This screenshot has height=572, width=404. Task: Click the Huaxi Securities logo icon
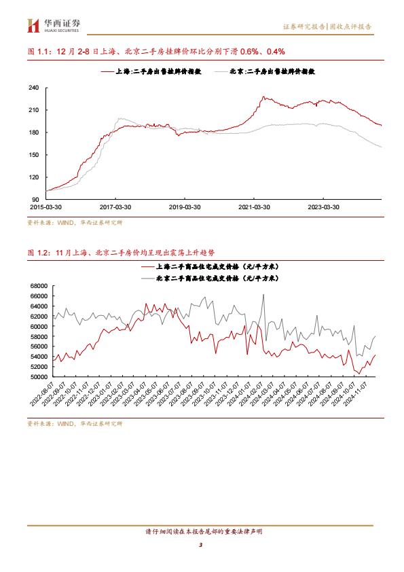click(x=33, y=26)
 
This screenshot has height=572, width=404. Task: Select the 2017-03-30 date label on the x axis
click(x=115, y=207)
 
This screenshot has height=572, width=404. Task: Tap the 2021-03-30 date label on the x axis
click(x=254, y=207)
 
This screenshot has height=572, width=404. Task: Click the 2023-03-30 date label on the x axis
click(x=323, y=207)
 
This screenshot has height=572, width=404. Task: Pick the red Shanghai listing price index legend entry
click(x=151, y=71)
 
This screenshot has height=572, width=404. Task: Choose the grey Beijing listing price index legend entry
click(x=265, y=71)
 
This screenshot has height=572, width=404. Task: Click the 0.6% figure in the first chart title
click(x=249, y=52)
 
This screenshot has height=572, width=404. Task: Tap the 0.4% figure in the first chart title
click(x=276, y=52)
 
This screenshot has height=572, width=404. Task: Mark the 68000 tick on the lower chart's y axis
click(x=39, y=285)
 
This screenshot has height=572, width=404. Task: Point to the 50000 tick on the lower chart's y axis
click(x=39, y=376)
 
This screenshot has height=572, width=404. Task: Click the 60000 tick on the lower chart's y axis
click(x=39, y=326)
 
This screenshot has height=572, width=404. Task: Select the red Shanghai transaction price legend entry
click(x=210, y=267)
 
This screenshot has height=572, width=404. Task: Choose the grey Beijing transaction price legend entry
click(x=210, y=279)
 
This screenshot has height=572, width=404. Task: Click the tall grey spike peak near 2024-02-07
click(x=263, y=295)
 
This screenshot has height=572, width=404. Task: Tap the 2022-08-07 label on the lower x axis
click(x=42, y=394)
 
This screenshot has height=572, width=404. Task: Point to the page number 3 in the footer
click(x=200, y=545)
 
